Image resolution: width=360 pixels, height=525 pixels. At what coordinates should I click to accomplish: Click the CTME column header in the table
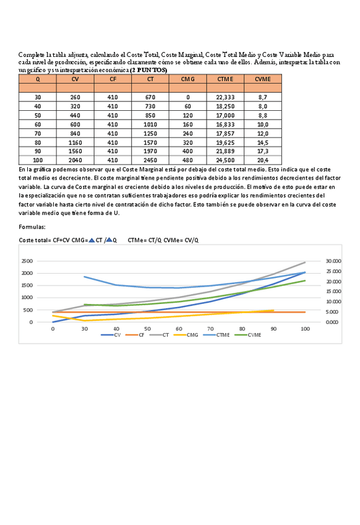coord(225,79)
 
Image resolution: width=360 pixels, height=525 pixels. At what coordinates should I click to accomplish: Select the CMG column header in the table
coord(187,79)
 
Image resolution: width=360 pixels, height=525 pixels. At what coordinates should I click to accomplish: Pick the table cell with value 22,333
coord(225,97)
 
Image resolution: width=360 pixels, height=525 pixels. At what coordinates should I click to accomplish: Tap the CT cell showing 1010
coord(150,124)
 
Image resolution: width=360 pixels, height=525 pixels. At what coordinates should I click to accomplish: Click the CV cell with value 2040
coord(75,160)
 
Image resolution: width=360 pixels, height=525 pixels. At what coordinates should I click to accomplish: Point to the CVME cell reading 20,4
coord(263,160)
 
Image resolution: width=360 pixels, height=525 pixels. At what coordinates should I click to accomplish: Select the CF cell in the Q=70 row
coord(113,133)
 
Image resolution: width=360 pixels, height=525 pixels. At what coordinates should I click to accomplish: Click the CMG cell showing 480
coord(187,160)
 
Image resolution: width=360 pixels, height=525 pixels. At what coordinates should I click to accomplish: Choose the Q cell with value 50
coord(38,115)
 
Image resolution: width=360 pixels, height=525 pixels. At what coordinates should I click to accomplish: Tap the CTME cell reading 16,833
coord(225,124)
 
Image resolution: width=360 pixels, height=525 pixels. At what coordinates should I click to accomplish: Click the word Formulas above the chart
coord(32,227)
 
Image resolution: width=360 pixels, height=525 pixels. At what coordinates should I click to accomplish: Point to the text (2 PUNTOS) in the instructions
coord(148,70)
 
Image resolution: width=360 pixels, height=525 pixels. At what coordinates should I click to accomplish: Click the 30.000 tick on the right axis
coord(333,261)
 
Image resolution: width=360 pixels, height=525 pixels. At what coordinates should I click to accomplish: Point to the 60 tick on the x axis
coord(179,328)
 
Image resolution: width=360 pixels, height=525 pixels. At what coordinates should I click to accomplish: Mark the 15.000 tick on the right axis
coord(333,292)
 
